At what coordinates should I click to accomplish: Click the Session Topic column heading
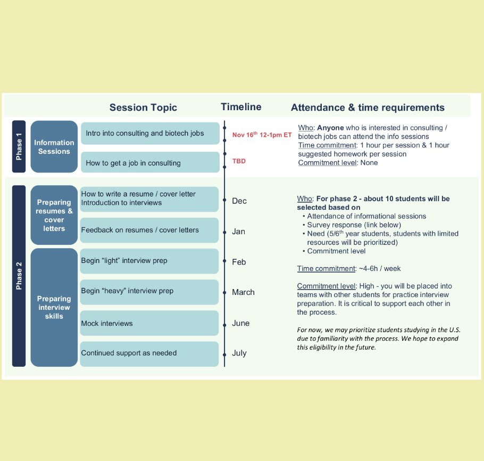[143, 108]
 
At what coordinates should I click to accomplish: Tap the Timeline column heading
[241, 107]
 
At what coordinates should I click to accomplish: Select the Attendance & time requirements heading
[368, 108]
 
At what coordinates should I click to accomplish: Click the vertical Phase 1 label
[19, 146]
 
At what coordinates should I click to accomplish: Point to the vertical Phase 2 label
[19, 276]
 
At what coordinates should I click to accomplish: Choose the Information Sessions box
[54, 147]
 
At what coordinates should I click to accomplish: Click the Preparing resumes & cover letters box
[54, 215]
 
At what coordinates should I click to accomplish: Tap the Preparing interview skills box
[54, 307]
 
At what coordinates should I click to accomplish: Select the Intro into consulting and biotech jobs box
[149, 134]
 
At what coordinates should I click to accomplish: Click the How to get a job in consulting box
[149, 163]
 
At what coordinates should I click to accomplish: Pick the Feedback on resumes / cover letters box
[149, 230]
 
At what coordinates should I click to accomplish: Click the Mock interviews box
[149, 323]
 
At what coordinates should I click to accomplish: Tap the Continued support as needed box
[149, 353]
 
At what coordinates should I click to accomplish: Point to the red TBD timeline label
[239, 161]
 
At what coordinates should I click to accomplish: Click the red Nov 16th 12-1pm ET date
[262, 135]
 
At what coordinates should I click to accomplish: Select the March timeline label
[243, 292]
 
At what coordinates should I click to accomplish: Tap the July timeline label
[239, 353]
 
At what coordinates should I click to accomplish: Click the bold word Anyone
[330, 128]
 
